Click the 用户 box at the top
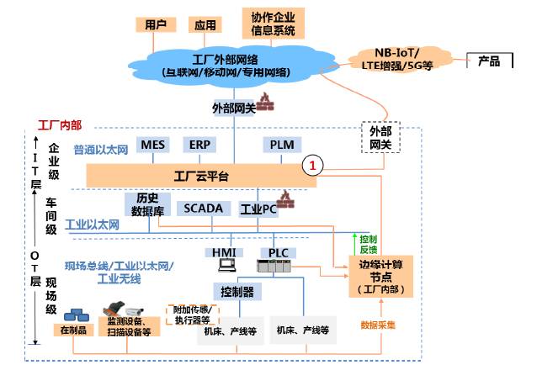pos(156,24)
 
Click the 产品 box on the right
pos(489,61)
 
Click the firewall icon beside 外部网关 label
pos(267,103)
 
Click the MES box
pos(153,145)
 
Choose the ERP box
pos(199,145)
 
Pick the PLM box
pos(282,145)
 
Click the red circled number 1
pos(313,166)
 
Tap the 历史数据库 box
pos(142,204)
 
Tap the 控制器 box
pos(237,292)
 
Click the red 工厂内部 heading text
pos(60,125)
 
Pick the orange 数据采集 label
pos(378,325)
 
